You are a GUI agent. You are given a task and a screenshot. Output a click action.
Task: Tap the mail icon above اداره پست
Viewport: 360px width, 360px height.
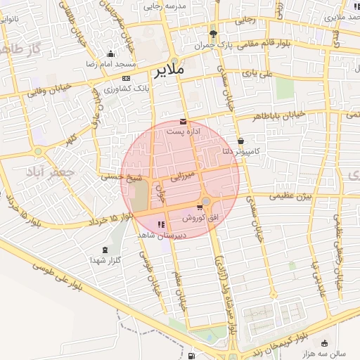pyautogui.click(x=184, y=122)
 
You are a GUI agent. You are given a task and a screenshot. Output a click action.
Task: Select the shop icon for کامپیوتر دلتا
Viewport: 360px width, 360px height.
pyautogui.click(x=241, y=141)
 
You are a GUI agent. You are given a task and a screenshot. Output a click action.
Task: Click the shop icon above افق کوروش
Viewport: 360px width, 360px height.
pyautogui.click(x=200, y=207)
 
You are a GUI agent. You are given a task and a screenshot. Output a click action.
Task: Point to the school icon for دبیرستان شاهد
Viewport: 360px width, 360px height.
pyautogui.click(x=161, y=224)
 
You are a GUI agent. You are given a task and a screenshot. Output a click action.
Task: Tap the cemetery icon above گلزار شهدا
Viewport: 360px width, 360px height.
pyautogui.click(x=105, y=250)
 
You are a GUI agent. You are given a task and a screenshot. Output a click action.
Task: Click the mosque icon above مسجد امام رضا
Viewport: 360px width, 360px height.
pyautogui.click(x=110, y=53)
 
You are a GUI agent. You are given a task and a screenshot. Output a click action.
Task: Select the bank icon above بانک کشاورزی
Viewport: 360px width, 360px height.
pyautogui.click(x=127, y=78)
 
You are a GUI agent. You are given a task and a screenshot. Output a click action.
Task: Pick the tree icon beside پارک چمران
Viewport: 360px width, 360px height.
pyautogui.click(x=213, y=34)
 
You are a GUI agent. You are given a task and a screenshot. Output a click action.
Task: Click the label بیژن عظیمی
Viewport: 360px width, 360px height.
pyautogui.click(x=288, y=196)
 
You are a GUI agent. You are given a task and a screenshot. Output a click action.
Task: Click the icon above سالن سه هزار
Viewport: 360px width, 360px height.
pyautogui.click(x=324, y=343)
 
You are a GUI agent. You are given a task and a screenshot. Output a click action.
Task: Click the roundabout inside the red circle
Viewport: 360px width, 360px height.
pyautogui.click(x=205, y=201)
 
